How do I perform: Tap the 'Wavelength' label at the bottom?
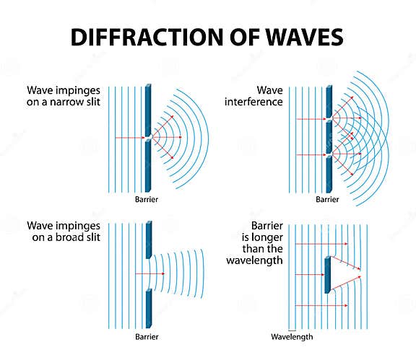point(290,337)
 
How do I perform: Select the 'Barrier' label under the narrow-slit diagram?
point(146,198)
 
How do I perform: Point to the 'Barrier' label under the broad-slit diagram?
point(146,337)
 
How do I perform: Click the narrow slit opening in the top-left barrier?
point(147,137)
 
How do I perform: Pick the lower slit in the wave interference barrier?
point(329,154)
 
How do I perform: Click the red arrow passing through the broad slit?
point(152,273)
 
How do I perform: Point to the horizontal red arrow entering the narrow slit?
point(130,137)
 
